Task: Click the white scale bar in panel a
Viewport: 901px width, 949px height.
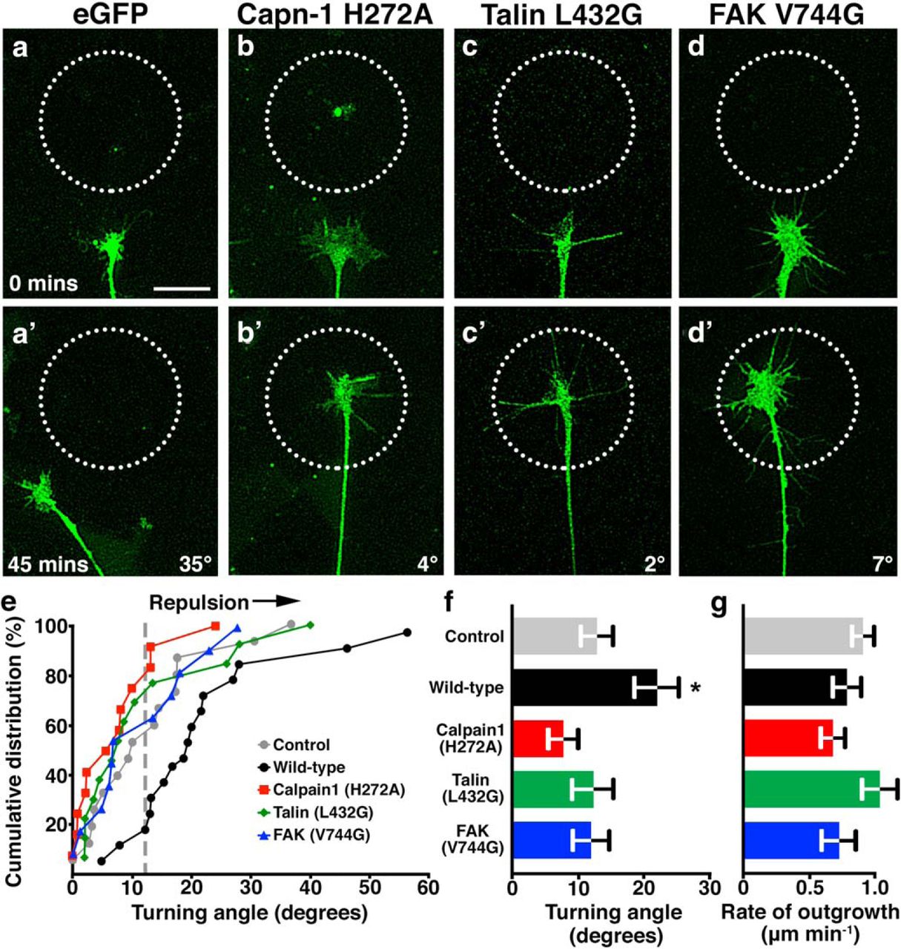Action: point(182,288)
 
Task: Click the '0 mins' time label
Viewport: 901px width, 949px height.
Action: point(43,283)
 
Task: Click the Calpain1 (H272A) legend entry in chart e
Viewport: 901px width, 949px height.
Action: point(329,790)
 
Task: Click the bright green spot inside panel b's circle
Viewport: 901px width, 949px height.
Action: point(337,112)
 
